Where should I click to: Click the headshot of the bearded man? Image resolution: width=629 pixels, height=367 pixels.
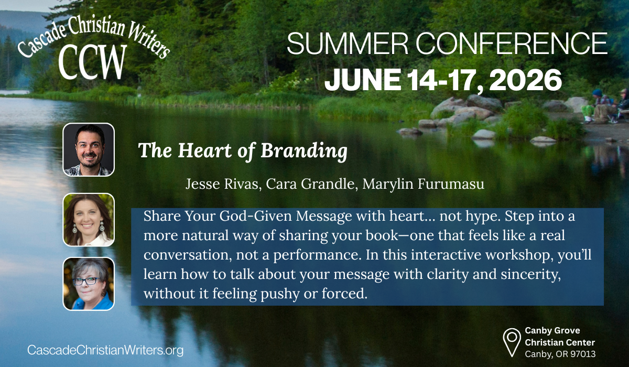point(88,149)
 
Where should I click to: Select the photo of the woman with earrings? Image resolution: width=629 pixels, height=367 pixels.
point(88,220)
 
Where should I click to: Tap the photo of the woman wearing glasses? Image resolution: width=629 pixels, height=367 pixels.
point(88,284)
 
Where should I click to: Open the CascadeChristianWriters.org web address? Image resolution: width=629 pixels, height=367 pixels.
point(105,350)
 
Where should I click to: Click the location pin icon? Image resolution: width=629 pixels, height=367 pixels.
point(511,341)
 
